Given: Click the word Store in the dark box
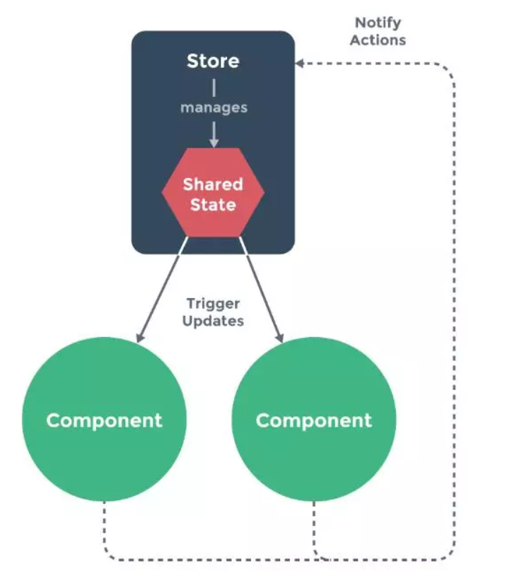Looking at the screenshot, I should click(x=213, y=61).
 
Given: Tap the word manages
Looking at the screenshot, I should click(x=213, y=107).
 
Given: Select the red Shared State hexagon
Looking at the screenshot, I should click(x=213, y=194).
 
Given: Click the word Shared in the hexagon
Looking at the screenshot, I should click(x=213, y=184).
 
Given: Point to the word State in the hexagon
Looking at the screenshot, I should click(x=213, y=205).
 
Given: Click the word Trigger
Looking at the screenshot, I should click(x=213, y=304).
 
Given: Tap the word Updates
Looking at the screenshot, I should click(x=213, y=321).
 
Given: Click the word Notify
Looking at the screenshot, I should click(x=379, y=23).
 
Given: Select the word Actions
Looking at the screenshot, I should click(x=379, y=40).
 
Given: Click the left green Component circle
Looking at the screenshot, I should click(x=105, y=420).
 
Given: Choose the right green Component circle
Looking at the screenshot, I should click(x=314, y=420).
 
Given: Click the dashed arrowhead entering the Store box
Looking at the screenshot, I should click(x=301, y=64).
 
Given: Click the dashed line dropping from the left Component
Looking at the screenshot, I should click(x=105, y=526).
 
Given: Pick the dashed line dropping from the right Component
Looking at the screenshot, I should click(x=314, y=526).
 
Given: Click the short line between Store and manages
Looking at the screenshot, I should click(x=213, y=87).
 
